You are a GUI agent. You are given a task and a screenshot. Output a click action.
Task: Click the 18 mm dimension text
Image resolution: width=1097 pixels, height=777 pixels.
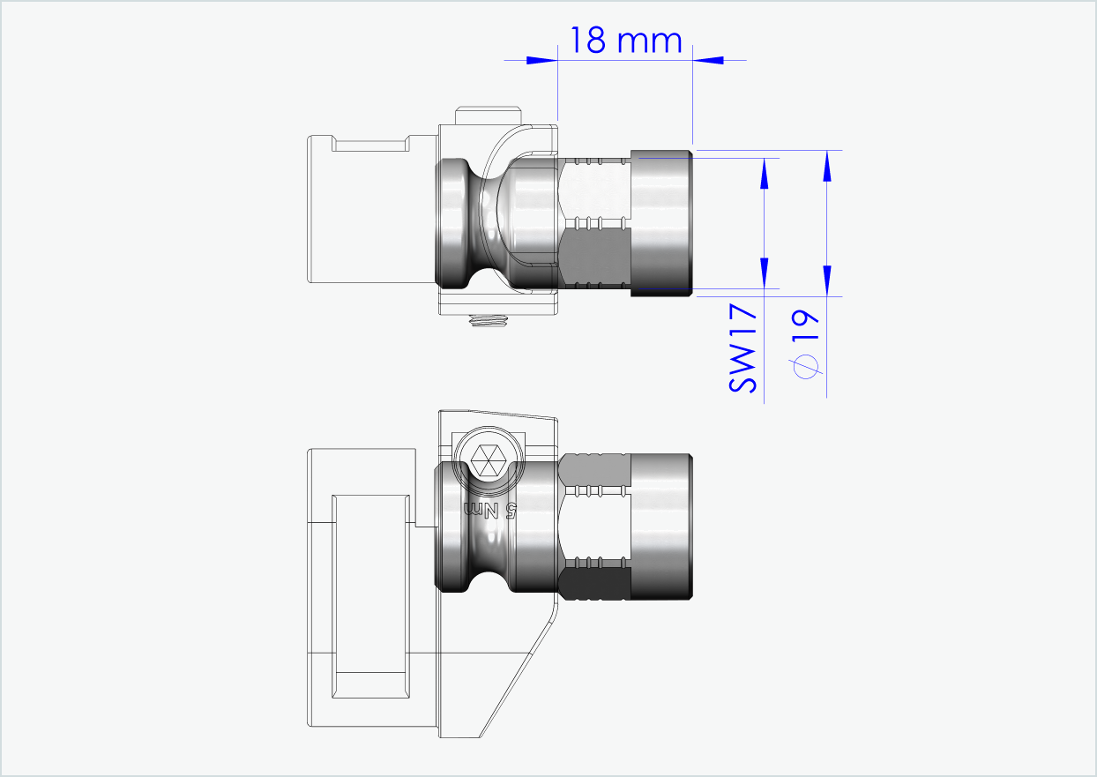pyautogui.click(x=625, y=41)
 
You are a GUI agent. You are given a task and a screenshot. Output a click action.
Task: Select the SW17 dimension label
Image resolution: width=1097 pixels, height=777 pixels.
pyautogui.click(x=743, y=348)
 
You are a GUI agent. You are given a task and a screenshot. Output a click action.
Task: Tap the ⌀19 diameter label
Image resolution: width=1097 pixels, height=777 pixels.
pyautogui.click(x=805, y=345)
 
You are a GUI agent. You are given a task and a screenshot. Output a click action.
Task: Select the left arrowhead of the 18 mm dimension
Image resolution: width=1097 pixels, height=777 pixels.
pyautogui.click(x=540, y=60)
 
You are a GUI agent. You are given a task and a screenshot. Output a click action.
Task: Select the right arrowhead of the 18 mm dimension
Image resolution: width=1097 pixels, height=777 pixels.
pyautogui.click(x=709, y=60)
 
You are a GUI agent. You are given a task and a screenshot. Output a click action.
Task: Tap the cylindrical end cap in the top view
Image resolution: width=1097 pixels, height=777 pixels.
pyautogui.click(x=661, y=223)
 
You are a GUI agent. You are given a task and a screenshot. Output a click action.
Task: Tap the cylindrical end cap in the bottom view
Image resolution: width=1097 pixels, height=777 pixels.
pyautogui.click(x=661, y=526)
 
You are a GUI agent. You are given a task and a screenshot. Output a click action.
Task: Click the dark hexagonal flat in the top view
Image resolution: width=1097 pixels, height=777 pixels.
pyautogui.click(x=595, y=258)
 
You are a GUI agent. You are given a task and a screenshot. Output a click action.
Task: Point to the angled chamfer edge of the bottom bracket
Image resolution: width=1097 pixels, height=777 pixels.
pyautogui.click(x=520, y=670)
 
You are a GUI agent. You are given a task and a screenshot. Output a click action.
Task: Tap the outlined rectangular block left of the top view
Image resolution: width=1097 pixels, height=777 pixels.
pyautogui.click(x=370, y=210)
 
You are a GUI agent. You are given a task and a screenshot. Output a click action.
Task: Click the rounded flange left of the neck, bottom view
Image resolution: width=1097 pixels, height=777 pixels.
pyautogui.click(x=452, y=526)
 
